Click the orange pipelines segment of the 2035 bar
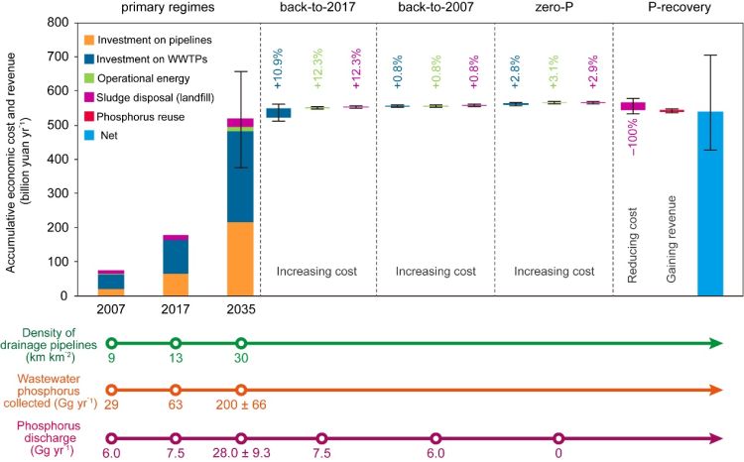click(x=240, y=259)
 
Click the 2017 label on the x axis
click(x=176, y=308)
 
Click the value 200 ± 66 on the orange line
click(x=241, y=407)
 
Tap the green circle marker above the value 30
click(x=241, y=343)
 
